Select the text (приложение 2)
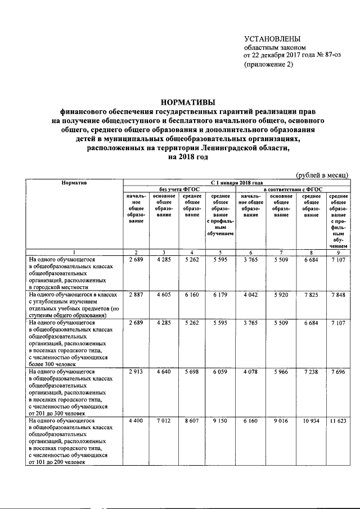pyautogui.click(x=268, y=64)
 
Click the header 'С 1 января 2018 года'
pyautogui.click(x=237, y=183)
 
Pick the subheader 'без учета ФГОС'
pyautogui.click(x=176, y=190)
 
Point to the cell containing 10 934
pyautogui.click(x=311, y=421)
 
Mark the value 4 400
pyautogui.click(x=137, y=421)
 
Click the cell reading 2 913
pyautogui.click(x=137, y=372)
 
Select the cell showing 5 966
pyautogui.click(x=281, y=372)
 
